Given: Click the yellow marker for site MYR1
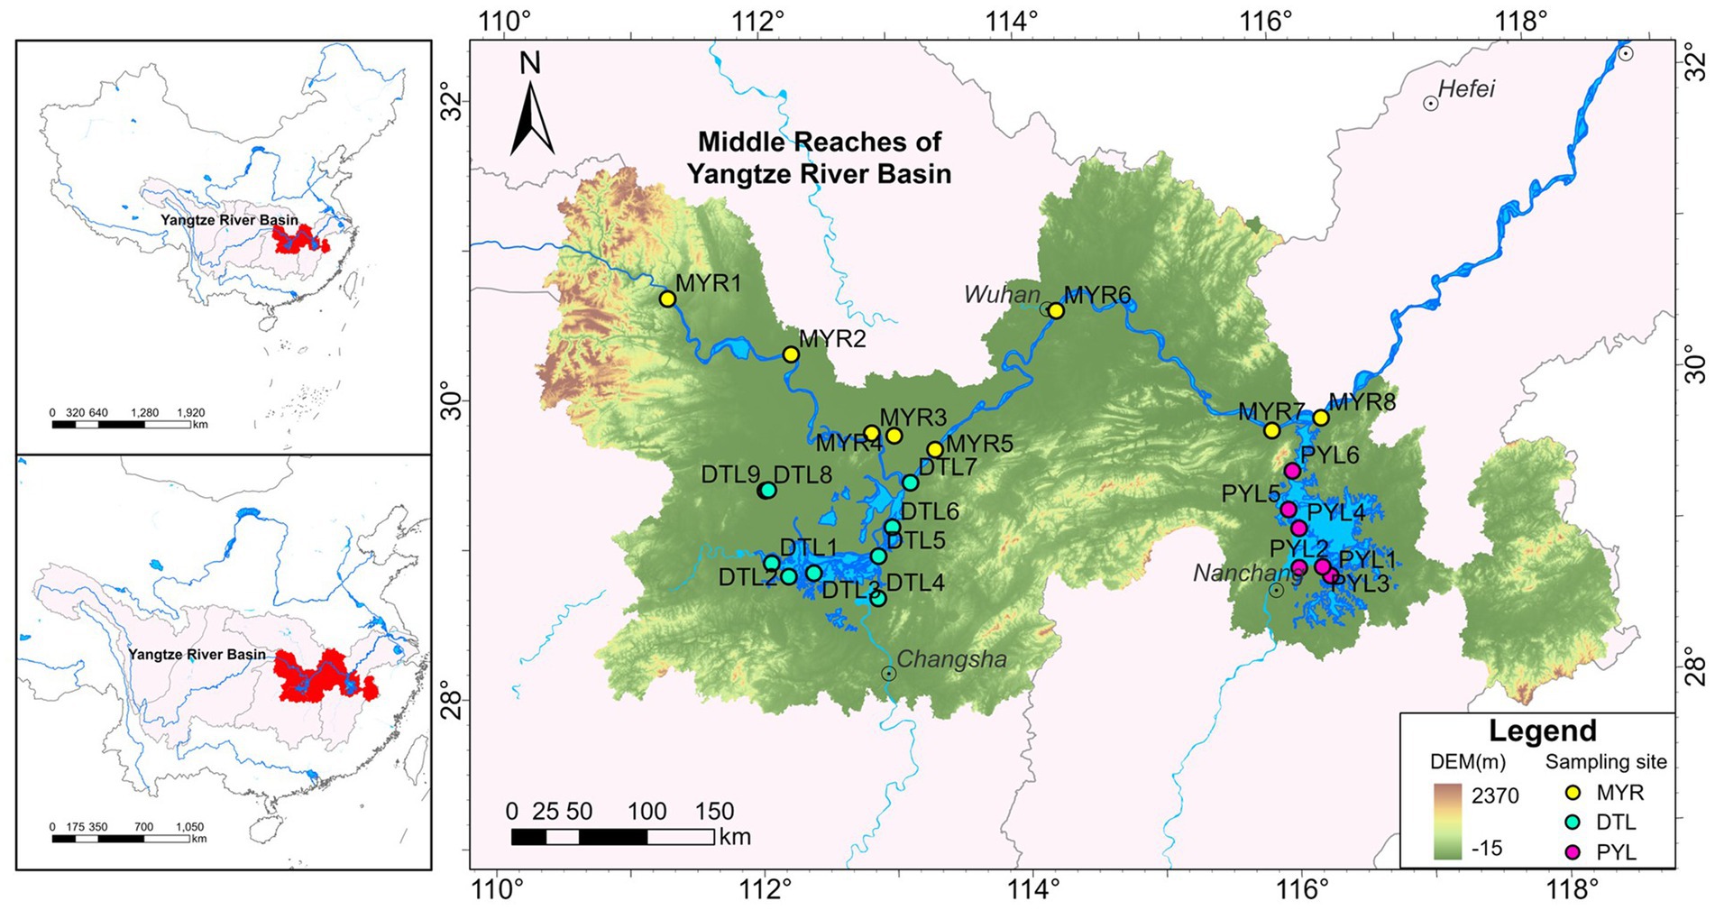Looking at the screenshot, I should click(x=667, y=299).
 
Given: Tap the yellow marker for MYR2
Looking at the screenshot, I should click(x=791, y=354).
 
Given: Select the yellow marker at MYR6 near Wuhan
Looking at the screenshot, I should click(x=1056, y=311).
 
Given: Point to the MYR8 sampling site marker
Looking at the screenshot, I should click(x=1321, y=418).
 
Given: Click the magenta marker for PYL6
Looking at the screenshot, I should click(x=1292, y=471).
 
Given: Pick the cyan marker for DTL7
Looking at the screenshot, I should click(x=911, y=483).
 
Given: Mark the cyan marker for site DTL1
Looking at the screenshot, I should click(x=772, y=563).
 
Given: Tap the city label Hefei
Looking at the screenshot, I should click(x=1466, y=89).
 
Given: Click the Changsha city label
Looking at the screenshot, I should click(x=951, y=659).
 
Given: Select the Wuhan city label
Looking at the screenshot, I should click(x=1002, y=294).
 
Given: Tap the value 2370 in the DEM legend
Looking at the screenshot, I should click(x=1495, y=795).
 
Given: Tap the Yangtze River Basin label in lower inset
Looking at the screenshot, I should click(x=197, y=655).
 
